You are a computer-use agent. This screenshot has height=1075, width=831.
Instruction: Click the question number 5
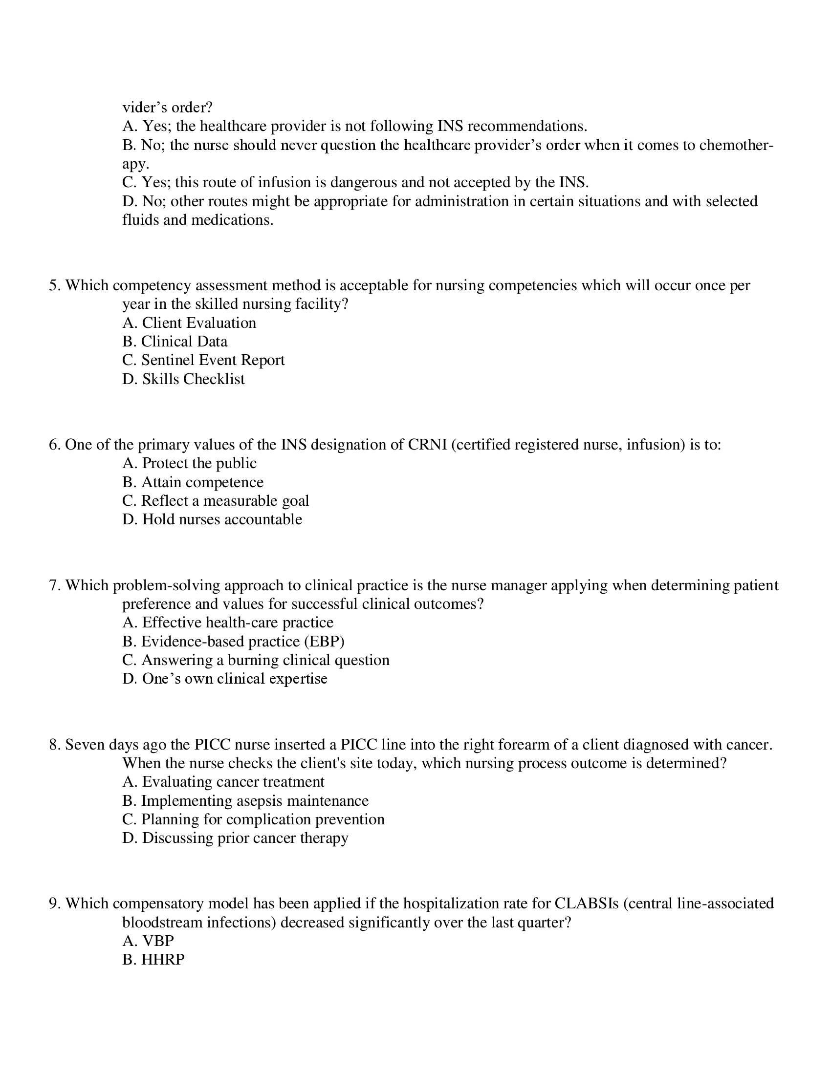tap(54, 285)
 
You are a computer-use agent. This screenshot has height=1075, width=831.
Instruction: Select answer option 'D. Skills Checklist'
tap(183, 379)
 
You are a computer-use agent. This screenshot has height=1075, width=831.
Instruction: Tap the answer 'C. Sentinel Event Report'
tap(203, 360)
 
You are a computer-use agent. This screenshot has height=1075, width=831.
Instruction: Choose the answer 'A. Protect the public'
tap(189, 463)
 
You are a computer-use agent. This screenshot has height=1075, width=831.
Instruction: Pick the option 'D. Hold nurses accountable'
tap(212, 519)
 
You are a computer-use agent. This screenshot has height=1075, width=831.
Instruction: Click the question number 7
tap(54, 585)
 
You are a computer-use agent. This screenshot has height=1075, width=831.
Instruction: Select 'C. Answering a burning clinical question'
tap(256, 660)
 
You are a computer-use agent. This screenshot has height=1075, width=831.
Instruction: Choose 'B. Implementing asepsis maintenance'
tap(245, 801)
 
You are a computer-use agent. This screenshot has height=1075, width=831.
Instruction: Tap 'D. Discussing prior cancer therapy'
tap(235, 838)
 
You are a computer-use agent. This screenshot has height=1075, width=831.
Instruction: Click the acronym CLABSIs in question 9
tap(586, 903)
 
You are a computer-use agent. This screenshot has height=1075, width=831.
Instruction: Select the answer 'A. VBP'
tap(148, 941)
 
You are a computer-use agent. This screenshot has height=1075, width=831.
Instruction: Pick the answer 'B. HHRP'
tap(153, 960)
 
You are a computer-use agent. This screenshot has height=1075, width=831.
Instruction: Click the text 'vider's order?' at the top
tap(167, 107)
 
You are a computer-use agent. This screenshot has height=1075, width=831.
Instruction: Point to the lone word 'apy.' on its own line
tap(135, 164)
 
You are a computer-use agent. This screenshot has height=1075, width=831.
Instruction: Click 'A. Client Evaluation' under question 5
tap(189, 323)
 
